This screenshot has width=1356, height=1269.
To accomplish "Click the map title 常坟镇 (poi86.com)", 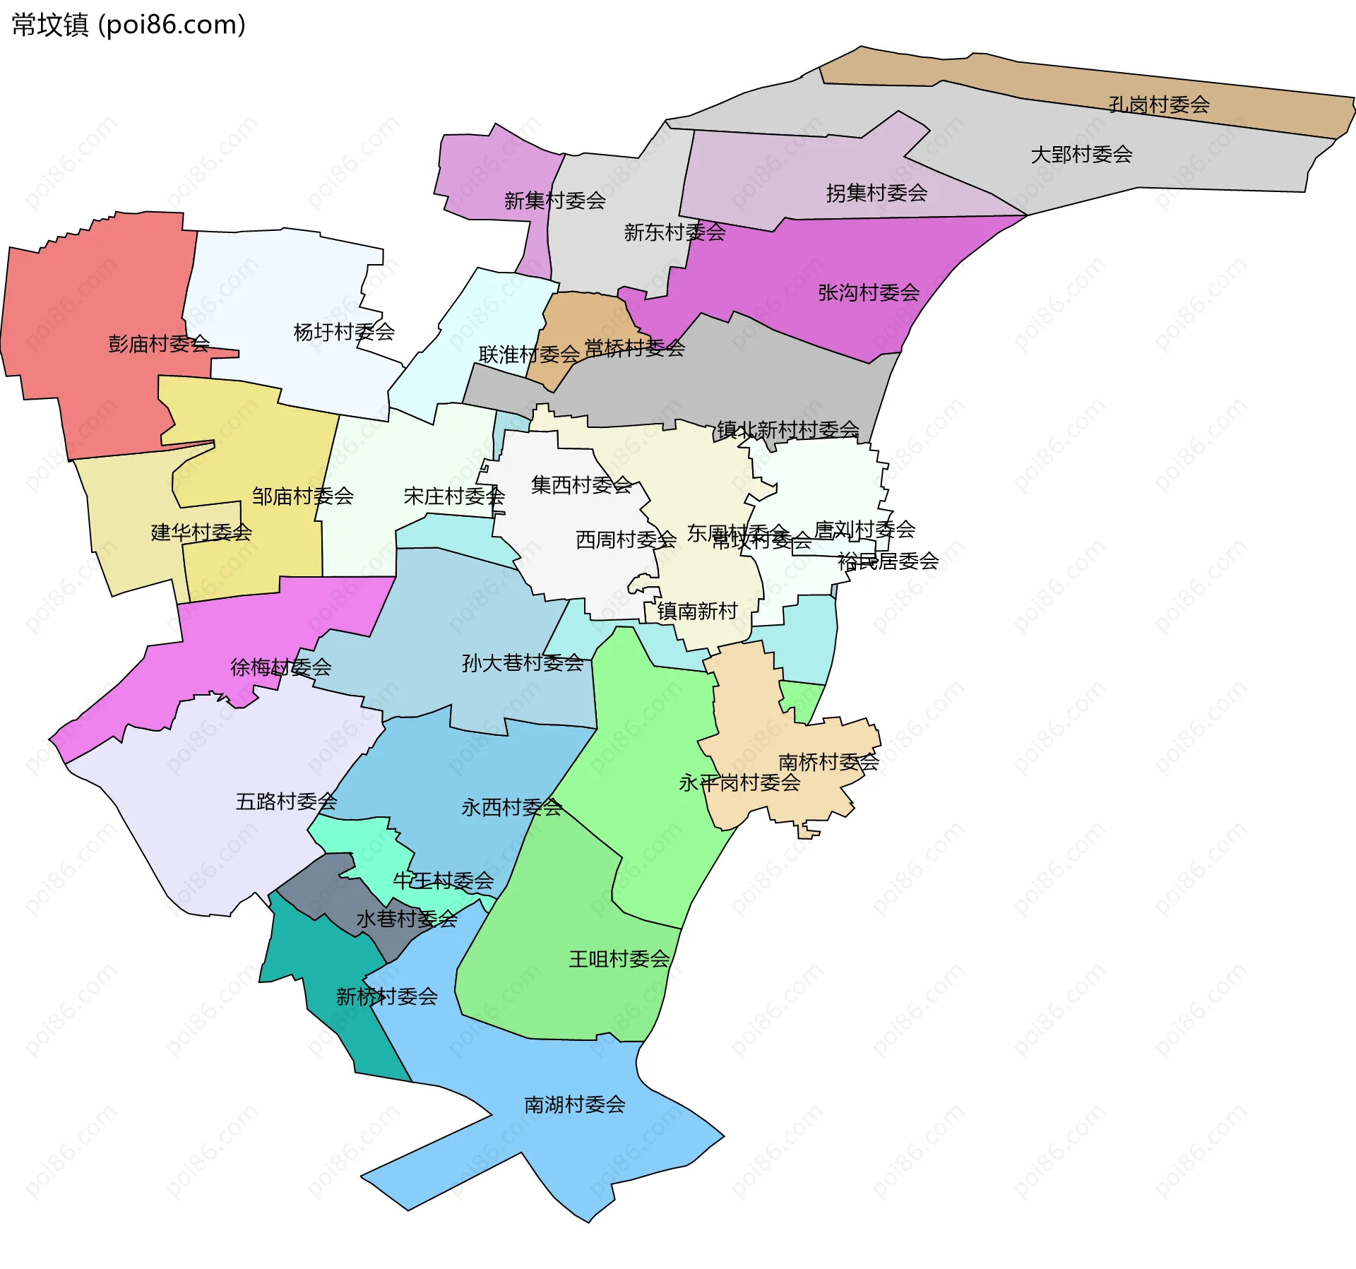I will click(x=129, y=25).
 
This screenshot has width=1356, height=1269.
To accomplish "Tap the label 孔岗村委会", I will click(x=1159, y=105).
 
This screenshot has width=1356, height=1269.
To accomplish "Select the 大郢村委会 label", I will click(x=1081, y=154).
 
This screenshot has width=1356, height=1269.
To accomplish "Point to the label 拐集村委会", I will click(x=876, y=193).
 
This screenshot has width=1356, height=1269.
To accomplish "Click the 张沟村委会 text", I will click(x=869, y=292).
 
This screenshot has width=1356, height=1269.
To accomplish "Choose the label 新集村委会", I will click(x=554, y=201).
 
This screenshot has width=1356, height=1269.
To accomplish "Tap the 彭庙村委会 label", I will click(x=159, y=344).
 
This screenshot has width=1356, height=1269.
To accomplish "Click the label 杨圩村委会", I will click(x=344, y=332).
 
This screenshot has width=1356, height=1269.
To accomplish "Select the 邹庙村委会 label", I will click(x=302, y=496).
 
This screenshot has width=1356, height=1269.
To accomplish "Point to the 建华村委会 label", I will click(x=201, y=532).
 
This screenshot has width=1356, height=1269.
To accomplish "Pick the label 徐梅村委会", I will click(x=280, y=667).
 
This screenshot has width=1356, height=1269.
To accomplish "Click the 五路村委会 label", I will click(x=286, y=802).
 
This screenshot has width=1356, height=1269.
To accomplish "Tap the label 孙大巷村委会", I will click(x=523, y=662).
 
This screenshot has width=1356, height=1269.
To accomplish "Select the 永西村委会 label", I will click(x=511, y=807).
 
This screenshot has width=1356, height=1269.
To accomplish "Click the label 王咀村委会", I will click(x=619, y=959).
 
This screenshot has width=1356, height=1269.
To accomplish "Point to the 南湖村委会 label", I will click(x=575, y=1104).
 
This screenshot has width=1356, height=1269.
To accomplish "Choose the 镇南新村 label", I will click(x=697, y=611).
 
